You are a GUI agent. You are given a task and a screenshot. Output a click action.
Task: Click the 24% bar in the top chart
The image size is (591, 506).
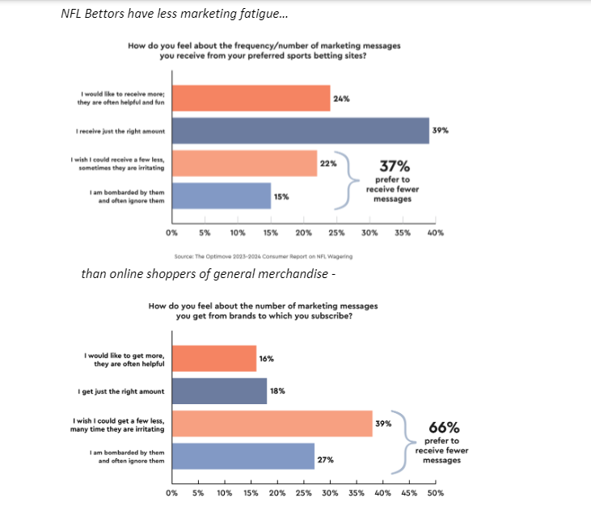coord(251,99)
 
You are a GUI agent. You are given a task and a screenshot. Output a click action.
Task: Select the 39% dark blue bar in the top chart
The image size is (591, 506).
coord(300,131)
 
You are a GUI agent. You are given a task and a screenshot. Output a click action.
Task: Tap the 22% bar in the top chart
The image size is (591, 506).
coord(244,163)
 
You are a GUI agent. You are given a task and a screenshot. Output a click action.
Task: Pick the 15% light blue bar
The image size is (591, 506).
coord(221,196)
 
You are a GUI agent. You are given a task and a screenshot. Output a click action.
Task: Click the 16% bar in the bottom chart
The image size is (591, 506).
coord(213,359)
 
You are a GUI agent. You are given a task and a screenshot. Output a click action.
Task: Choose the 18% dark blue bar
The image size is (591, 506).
coord(219,391)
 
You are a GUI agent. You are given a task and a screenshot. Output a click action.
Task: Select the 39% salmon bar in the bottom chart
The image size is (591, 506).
coord(272,424)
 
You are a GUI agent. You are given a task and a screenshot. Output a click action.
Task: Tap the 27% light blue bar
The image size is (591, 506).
coord(243,457)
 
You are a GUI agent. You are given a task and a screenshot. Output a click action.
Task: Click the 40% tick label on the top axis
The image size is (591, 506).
coord(435,233)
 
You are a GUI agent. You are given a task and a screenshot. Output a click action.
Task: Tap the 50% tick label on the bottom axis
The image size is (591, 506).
coord(435,493)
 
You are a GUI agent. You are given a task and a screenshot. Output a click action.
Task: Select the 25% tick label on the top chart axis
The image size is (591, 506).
coord(336,233)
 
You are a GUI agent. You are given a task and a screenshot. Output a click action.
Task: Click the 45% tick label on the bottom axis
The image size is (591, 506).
coord(409,493)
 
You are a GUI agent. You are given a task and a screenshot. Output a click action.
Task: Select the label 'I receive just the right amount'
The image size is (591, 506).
coord(121,131)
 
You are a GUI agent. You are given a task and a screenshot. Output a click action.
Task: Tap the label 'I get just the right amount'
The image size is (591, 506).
coord(121,391)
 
